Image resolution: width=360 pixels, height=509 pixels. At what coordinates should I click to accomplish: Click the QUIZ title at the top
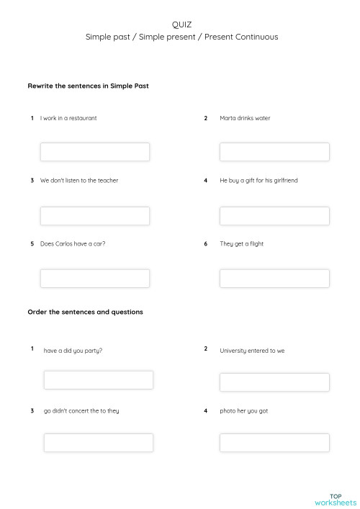coord(181,24)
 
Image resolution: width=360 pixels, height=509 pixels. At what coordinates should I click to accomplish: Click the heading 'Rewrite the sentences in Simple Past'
coord(88,86)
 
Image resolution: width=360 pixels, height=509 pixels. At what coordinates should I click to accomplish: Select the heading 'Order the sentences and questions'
coord(85,312)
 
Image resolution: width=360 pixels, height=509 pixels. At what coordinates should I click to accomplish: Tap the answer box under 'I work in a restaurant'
coord(95,152)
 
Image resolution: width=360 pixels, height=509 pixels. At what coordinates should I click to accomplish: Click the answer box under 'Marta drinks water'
coord(274,152)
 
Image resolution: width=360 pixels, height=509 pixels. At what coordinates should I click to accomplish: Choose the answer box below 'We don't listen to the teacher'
coord(95,216)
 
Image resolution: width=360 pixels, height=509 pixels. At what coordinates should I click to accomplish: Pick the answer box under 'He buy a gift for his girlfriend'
coord(274,216)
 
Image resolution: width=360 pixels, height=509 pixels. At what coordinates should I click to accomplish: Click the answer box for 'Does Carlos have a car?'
coord(95,279)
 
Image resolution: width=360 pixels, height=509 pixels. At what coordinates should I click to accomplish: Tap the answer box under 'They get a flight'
coord(274,279)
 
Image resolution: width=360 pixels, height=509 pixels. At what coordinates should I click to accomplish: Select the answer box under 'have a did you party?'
coord(99,380)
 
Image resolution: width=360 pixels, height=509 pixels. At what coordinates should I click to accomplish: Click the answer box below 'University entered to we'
coord(274,382)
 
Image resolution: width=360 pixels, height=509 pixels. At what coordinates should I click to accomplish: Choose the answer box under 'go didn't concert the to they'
coord(99,443)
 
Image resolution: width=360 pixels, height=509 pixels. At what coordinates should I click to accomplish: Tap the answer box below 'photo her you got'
coord(274,443)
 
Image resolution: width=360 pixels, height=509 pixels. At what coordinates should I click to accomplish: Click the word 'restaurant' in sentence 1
coord(83,118)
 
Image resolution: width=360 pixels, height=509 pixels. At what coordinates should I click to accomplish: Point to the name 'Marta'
coord(228,118)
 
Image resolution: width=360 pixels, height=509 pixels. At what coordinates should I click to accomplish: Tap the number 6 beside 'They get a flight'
coord(206,243)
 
